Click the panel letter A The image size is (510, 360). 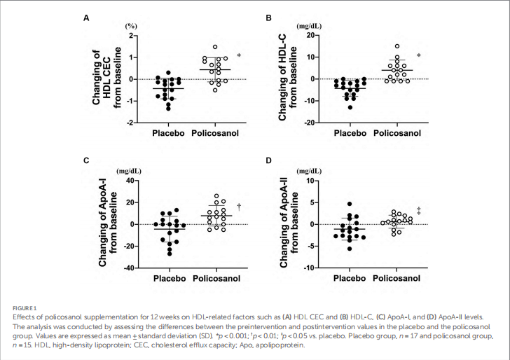pos(86,17)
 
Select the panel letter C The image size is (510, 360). pos(86,162)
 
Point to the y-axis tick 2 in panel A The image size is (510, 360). pos(131,35)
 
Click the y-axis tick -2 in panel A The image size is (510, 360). pos(129,123)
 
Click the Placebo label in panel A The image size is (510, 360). pos(168,133)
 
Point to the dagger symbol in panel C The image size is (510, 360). pos(239,207)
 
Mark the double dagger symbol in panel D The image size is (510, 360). pos(418,210)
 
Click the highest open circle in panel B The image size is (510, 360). pos(397,46)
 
